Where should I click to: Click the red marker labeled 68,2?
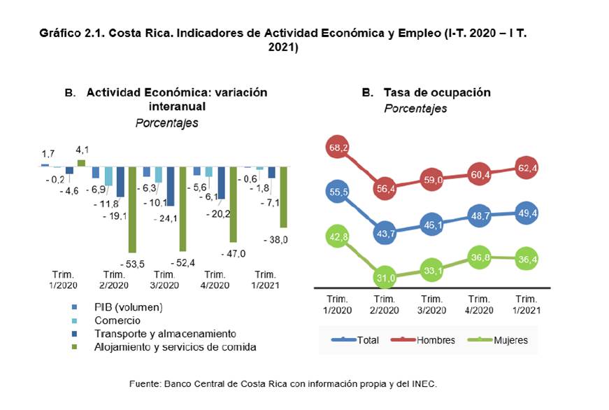click(x=338, y=148)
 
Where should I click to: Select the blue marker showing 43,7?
click(x=384, y=232)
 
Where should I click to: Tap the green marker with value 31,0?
click(x=384, y=278)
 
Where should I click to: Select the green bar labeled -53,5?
click(x=131, y=209)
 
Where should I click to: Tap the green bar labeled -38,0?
click(x=283, y=197)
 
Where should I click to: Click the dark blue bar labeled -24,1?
click(x=170, y=186)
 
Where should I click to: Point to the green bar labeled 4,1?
click(x=80, y=163)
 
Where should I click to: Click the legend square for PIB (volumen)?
click(x=74, y=307)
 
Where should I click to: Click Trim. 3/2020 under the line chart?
click(x=431, y=304)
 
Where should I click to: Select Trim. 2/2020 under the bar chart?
click(x=114, y=280)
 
